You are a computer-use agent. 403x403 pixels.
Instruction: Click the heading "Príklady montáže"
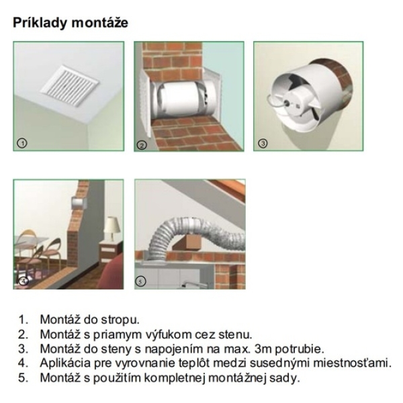coord(71,23)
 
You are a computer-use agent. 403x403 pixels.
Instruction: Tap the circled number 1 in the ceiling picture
coord(22,143)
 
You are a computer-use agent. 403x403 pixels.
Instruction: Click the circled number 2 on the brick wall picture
coord(142,145)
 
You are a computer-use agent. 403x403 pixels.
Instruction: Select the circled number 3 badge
coord(263,143)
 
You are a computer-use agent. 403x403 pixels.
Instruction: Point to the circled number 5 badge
coord(140,281)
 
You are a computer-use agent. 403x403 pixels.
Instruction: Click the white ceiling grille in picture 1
coord(69,83)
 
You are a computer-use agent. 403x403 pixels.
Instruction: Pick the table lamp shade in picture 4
coord(111,226)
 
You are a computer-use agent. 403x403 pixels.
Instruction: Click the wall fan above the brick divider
coord(79,203)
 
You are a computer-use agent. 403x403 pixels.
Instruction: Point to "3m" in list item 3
coord(263,349)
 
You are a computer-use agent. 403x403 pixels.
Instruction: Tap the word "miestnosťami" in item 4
coord(352,363)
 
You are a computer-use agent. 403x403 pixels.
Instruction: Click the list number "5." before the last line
coord(23,377)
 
